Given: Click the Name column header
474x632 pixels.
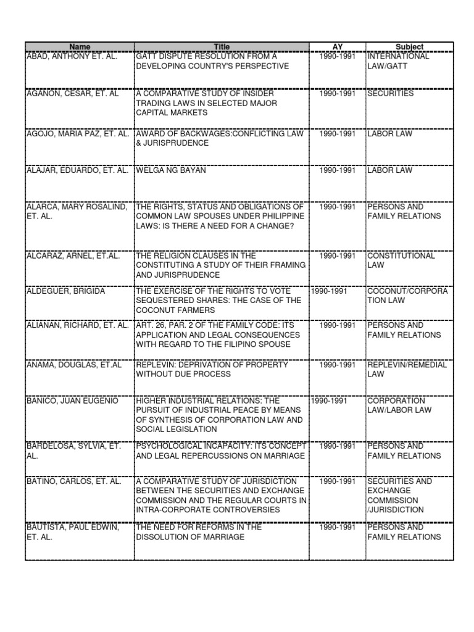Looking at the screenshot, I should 80,47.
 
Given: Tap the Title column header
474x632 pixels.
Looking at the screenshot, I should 222,47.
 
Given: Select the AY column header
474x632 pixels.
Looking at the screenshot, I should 337,47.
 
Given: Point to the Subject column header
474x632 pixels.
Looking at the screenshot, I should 409,47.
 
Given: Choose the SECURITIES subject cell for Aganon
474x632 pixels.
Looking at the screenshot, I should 390,94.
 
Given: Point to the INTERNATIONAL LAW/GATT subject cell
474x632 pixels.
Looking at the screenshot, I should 398,60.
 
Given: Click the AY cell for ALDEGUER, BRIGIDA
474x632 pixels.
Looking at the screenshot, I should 329,291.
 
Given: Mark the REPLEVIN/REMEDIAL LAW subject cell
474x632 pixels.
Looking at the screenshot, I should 407,369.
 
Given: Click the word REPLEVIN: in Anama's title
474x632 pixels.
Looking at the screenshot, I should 156,365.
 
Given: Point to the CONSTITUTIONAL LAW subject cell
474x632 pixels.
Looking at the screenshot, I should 401,260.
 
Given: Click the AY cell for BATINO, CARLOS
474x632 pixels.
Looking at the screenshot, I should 337,481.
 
